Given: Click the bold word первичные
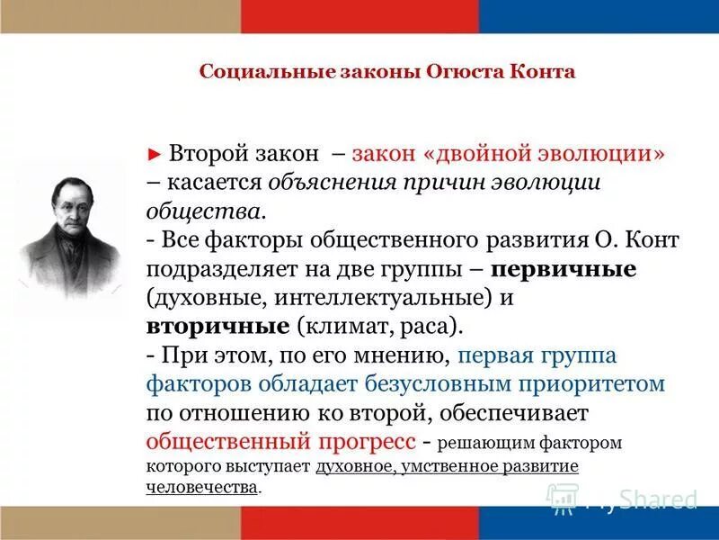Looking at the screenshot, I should pyautogui.click(x=565, y=269).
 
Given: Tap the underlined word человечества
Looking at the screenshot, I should pyautogui.click(x=202, y=487).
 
